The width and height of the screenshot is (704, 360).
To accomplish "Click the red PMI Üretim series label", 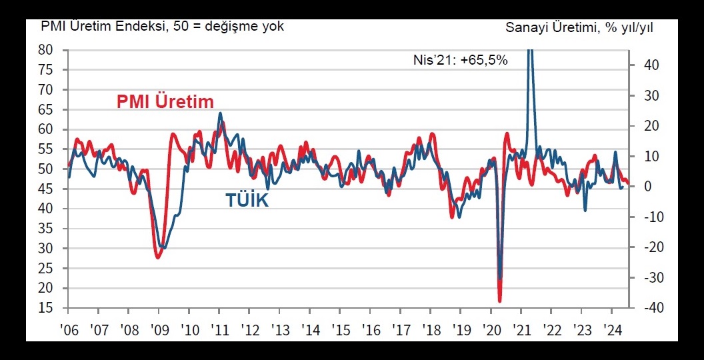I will coord(165,102).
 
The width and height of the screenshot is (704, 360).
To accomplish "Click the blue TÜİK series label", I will coord(247,199).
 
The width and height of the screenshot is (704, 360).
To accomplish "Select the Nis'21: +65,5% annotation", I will coord(461,60).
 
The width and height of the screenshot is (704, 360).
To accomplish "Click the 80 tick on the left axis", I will coord(46,50).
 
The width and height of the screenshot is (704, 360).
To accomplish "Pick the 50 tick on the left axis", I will coord(46,169).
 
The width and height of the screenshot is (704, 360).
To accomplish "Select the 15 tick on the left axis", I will coord(46,309).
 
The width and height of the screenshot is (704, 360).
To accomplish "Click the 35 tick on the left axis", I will coord(46,229).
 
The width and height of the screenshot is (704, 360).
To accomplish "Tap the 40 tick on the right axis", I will coord(651,65).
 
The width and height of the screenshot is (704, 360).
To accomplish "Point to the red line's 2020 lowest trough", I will coord(500,301).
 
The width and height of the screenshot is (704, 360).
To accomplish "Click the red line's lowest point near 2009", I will coord(158,257).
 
